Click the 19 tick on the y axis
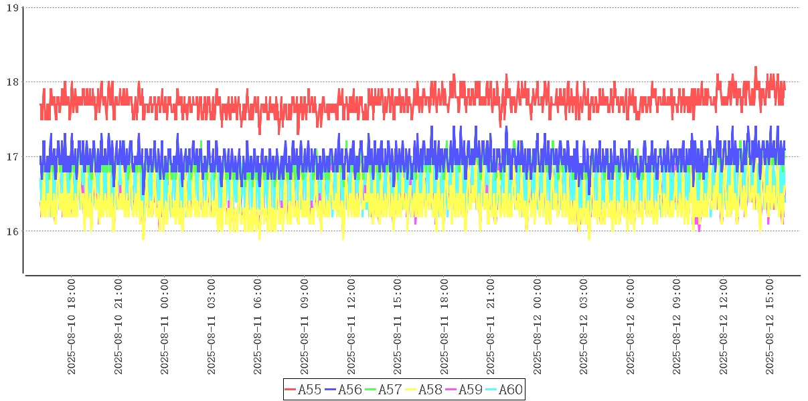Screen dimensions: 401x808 [x=11, y=7]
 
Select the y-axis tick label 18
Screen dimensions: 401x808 [x=11, y=82]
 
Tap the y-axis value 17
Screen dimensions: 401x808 [x=11, y=157]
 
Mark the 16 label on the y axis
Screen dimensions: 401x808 [x=11, y=231]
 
